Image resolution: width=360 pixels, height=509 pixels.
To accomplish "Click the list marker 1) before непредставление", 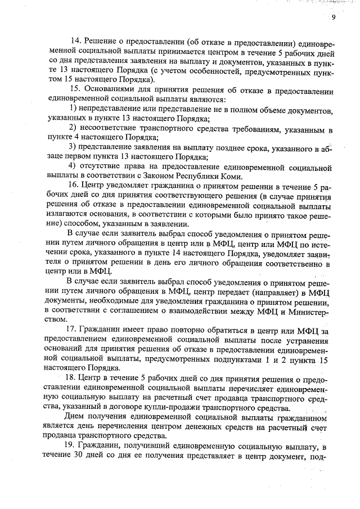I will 73,108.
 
